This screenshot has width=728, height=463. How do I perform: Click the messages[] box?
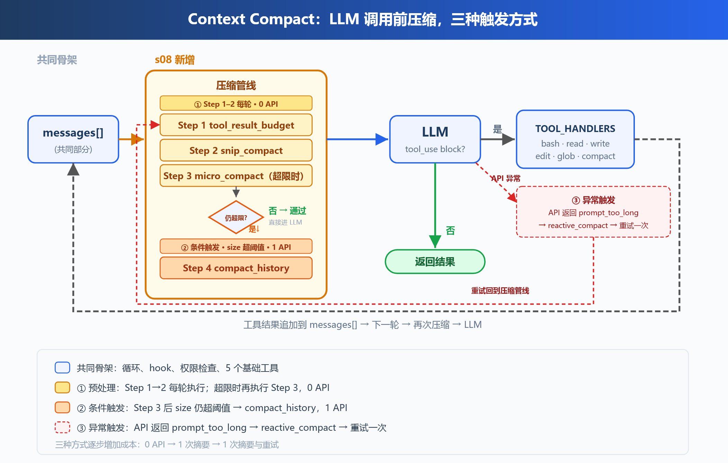point(73,139)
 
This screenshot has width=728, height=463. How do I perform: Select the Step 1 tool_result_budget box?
point(236,125)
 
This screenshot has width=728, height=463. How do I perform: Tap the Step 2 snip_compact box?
point(236,150)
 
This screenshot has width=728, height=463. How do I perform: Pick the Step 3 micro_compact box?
point(236,176)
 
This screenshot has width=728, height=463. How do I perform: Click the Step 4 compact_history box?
point(236,268)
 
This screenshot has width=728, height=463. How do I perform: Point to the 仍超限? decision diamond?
point(236,217)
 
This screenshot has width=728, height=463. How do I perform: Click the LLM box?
point(435,139)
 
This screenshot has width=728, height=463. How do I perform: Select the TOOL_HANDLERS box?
point(575,139)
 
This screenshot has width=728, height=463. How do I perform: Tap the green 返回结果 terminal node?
point(435,262)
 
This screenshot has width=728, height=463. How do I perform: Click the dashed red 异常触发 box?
point(593,212)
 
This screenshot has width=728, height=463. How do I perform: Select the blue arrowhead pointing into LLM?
point(382,139)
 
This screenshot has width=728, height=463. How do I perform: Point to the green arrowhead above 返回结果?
point(435,241)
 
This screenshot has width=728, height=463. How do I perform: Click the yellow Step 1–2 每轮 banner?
point(236,103)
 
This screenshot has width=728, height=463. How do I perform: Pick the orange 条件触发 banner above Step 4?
point(236,246)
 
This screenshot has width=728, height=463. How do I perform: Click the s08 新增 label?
point(175,60)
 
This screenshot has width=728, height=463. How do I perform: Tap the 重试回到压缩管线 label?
point(500,290)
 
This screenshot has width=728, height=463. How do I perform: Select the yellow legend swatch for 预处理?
point(62,387)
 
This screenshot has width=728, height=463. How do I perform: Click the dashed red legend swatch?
point(62,427)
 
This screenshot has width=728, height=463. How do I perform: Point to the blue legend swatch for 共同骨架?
point(62,367)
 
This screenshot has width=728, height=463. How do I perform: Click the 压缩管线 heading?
point(236,85)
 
